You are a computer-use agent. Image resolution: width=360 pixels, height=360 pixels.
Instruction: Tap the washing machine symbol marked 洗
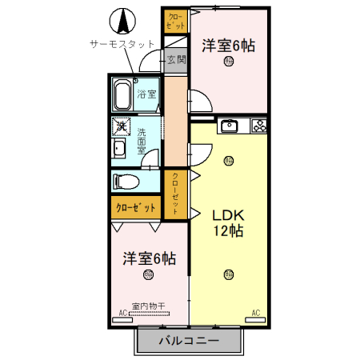pyautogui.click(x=120, y=126)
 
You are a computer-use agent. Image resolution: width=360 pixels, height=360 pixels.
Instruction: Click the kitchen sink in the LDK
pyautogui.click(x=230, y=125)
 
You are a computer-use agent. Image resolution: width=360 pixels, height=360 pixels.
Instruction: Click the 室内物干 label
pyautogui.click(x=148, y=306)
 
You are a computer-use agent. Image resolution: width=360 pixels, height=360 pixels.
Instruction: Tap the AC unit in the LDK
pyautogui.click(x=256, y=313)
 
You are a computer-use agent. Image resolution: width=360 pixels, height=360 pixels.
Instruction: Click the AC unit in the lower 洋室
pyautogui.click(x=123, y=313)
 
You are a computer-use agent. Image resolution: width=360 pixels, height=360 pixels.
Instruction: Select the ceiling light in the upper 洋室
pyautogui.click(x=229, y=61)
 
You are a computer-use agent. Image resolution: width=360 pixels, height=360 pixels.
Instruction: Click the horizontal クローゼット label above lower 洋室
pyautogui.click(x=136, y=207)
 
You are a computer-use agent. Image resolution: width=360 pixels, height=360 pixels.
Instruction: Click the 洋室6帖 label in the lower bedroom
pyautogui.click(x=149, y=258)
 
